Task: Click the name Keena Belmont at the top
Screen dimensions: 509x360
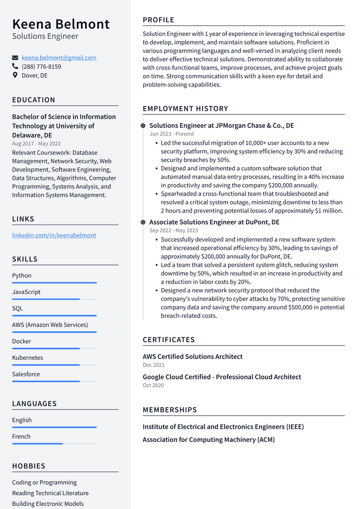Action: tap(61, 24)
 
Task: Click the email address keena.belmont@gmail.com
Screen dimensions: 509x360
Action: tap(59, 58)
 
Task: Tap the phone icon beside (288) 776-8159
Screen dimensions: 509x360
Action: tap(15, 67)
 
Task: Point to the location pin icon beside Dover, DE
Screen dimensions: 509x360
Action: tap(15, 76)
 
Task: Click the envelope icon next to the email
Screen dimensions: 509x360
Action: tap(15, 58)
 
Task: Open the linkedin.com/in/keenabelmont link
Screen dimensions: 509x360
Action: tap(54, 235)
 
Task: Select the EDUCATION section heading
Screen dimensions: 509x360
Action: tap(34, 100)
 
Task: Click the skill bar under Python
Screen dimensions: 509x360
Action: tap(54, 283)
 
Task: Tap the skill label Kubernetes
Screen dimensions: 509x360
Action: tap(27, 358)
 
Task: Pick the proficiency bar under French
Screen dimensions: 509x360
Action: tap(54, 443)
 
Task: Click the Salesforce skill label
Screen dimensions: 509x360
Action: tap(26, 374)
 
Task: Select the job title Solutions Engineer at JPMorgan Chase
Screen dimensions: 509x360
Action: tap(221, 126)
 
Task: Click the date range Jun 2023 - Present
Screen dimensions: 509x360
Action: tap(172, 134)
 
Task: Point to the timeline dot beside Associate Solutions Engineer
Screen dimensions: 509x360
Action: tap(143, 222)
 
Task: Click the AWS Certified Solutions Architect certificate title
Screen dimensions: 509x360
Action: tap(192, 357)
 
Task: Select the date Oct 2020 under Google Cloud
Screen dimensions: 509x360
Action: tap(153, 385)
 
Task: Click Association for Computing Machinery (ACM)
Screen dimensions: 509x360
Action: tap(208, 440)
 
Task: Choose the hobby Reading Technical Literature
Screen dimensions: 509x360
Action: tap(50, 493)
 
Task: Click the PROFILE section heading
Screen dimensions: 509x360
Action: tap(159, 20)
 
